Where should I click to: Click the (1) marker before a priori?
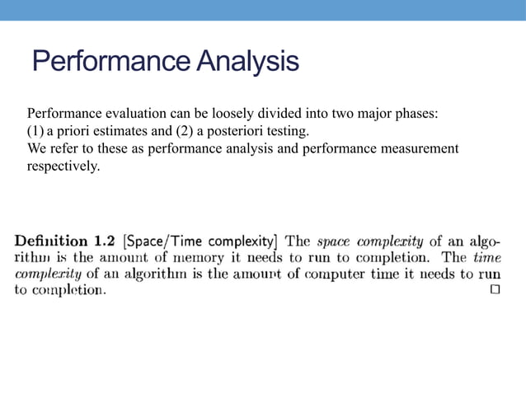click(x=36, y=131)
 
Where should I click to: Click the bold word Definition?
click(x=52, y=242)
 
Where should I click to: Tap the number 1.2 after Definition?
click(x=104, y=242)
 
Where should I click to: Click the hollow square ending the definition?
click(x=495, y=291)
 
